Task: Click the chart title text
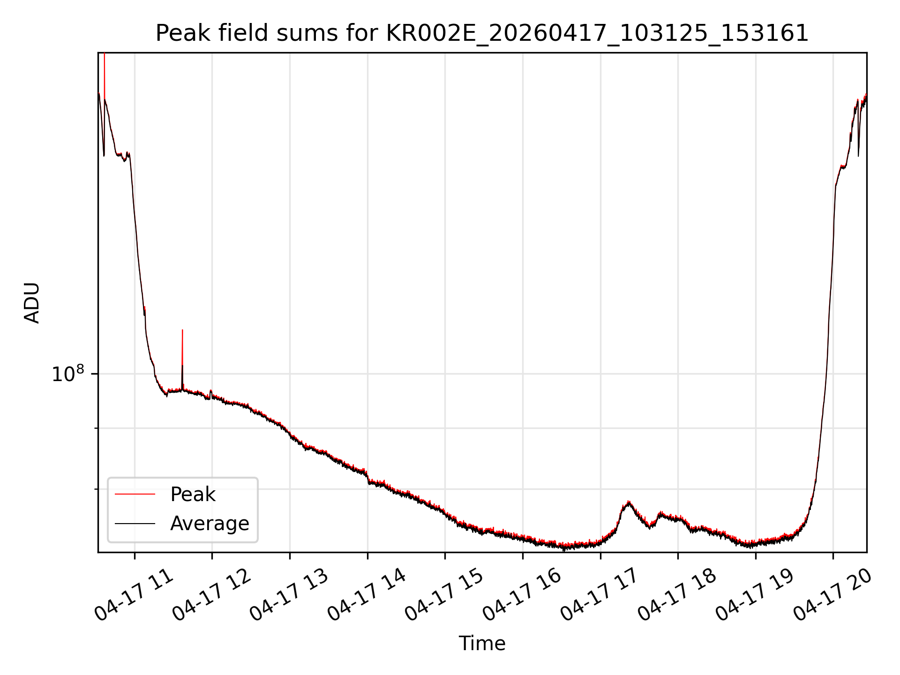(482, 33)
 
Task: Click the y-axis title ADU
(32, 303)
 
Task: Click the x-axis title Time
(482, 644)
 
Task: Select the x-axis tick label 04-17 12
(211, 594)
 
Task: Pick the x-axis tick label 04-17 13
(289, 594)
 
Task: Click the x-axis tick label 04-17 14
(367, 594)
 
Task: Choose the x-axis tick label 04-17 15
(444, 594)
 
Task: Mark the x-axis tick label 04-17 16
(522, 594)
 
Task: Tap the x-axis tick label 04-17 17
(600, 594)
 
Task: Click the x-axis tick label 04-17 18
(677, 594)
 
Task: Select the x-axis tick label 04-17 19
(755, 594)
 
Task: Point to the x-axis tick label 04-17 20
(833, 594)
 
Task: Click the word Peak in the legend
(193, 495)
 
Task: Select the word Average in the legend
(210, 524)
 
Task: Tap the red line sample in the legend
(135, 494)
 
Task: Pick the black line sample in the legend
(135, 523)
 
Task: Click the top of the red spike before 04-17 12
(182, 330)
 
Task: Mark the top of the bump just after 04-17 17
(629, 502)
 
